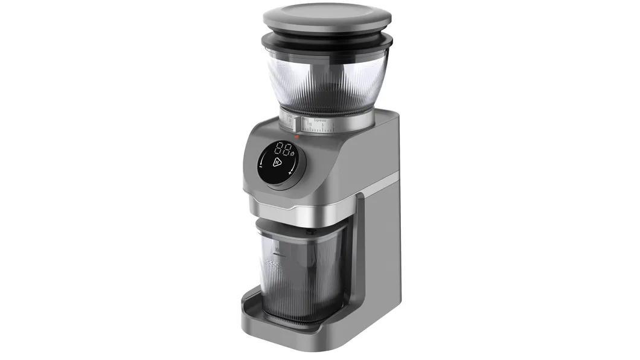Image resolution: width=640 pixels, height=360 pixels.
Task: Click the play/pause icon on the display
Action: [277, 162]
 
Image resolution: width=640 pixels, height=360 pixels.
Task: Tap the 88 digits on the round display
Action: [282, 149]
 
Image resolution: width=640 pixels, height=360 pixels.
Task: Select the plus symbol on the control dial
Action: [290, 173]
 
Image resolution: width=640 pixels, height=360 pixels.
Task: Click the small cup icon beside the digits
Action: [292, 153]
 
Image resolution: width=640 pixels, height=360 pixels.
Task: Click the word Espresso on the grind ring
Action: [320, 120]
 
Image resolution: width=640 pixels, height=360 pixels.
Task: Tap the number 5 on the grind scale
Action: [322, 125]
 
